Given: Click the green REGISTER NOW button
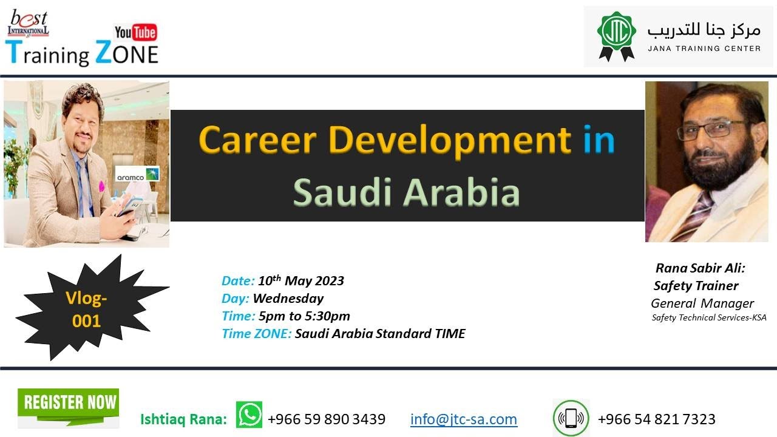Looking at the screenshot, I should (68, 403).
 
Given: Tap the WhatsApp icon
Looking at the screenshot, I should (249, 415).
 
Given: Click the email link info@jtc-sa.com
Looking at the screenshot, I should (464, 419).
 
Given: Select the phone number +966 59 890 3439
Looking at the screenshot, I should (327, 419).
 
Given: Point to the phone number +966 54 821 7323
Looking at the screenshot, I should (656, 419).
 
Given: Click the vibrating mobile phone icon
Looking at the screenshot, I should (571, 418).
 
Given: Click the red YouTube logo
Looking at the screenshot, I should (135, 33).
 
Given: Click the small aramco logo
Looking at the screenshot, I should (137, 174).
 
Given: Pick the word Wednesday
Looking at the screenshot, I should (288, 299).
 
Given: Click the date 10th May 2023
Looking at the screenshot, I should (301, 281).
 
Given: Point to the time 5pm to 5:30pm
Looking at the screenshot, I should (304, 316).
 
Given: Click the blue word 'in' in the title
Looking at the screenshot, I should (599, 140).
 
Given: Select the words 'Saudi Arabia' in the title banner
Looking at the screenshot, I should (406, 192).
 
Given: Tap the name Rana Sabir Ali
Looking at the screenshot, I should (700, 268).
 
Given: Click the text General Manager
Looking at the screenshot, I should (702, 303).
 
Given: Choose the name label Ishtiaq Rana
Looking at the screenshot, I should (183, 419).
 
